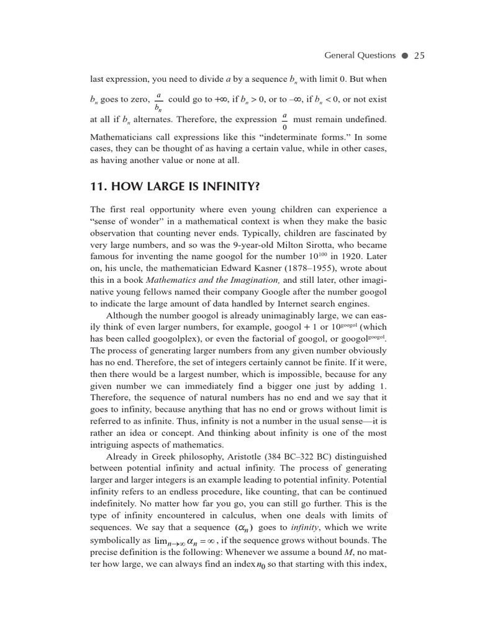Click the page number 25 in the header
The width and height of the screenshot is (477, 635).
419,55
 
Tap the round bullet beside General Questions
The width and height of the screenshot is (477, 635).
404,56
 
